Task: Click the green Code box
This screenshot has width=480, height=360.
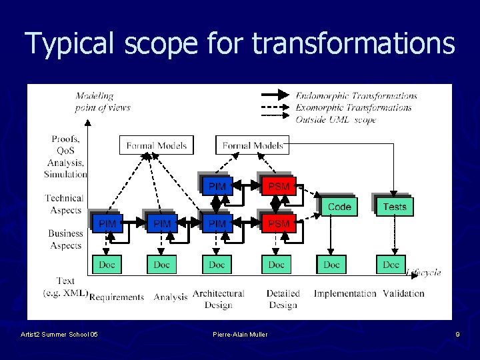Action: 339,207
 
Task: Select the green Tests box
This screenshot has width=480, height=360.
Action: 394,207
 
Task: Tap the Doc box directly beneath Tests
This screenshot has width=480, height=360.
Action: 391,265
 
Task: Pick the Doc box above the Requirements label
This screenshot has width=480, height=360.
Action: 107,265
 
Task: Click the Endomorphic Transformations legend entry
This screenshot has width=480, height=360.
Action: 356,95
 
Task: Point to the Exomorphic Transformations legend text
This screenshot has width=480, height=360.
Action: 353,107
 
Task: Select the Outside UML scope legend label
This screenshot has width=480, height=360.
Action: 336,120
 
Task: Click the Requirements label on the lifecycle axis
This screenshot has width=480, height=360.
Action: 117,297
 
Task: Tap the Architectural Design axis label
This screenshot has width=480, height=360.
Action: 218,299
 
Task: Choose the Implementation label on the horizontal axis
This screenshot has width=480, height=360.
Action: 345,293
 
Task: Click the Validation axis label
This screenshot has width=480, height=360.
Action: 403,293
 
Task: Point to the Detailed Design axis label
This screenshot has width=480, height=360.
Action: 283,299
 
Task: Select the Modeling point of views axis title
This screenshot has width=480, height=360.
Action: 103,101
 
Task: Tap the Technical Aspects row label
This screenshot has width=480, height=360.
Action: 65,204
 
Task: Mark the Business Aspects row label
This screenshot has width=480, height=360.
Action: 65,239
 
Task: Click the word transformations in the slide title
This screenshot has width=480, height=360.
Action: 353,44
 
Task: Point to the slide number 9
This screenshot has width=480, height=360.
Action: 457,334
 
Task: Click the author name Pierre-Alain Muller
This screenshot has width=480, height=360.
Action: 240,334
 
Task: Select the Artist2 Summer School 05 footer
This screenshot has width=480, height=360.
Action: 59,334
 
